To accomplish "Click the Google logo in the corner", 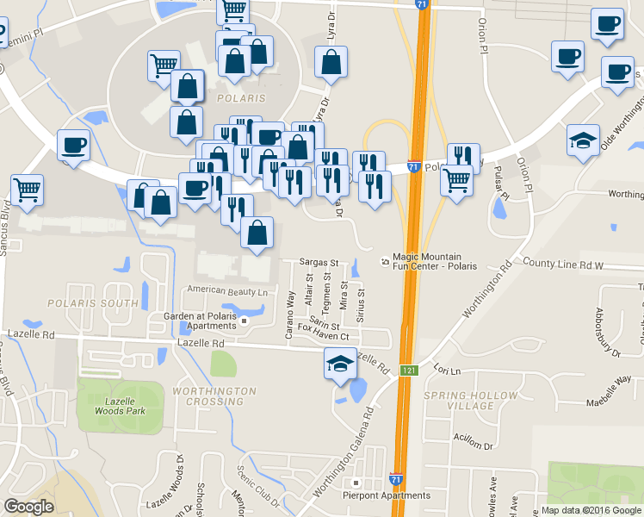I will (28, 507).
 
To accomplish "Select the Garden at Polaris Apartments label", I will (200, 321).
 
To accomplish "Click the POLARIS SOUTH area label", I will (93, 303).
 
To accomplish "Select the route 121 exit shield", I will (409, 371).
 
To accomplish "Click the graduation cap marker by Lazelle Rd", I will (340, 365).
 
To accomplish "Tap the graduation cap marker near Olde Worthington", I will (583, 141).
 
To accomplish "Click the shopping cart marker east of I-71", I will (455, 181).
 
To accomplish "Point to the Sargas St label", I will (319, 262).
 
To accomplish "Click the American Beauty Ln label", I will (227, 291).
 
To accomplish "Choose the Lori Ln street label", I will (448, 371).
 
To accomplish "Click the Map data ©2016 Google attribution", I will (591, 510).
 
